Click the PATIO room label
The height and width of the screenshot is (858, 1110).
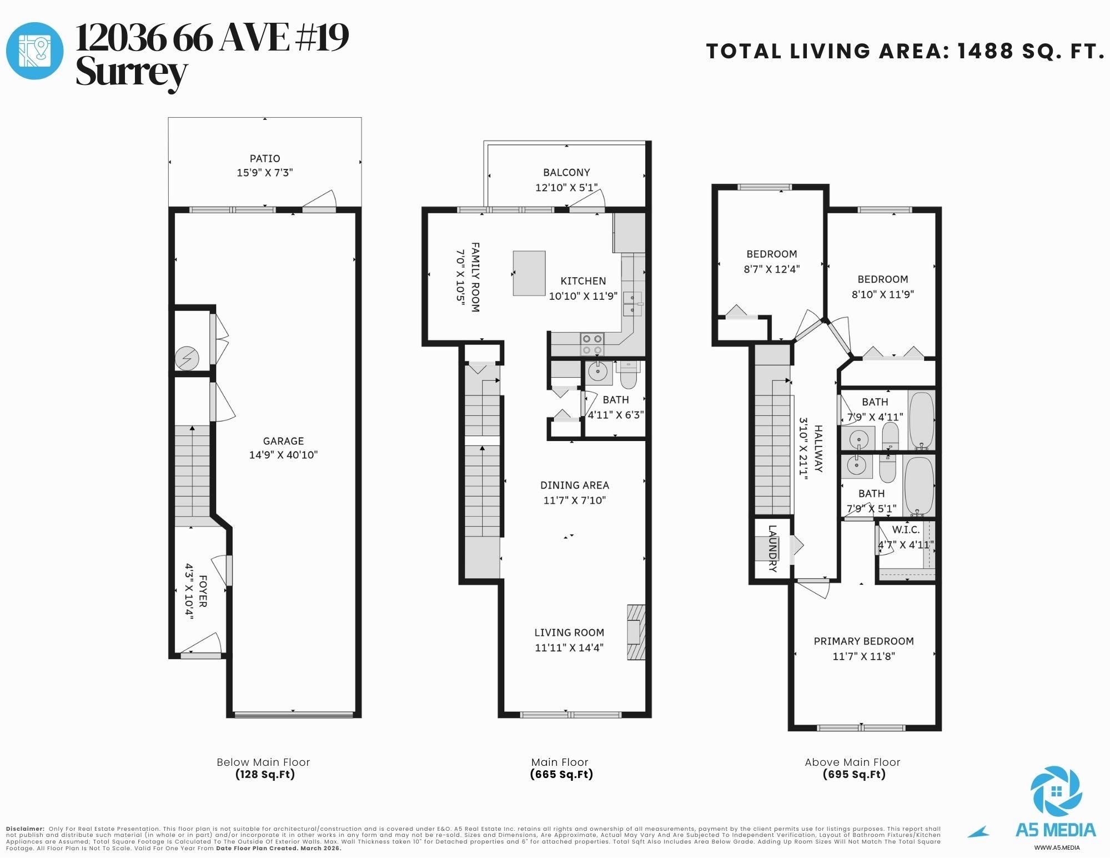tap(264, 158)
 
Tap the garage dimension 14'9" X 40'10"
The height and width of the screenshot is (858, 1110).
tap(283, 455)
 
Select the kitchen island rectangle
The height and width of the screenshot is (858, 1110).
tap(529, 273)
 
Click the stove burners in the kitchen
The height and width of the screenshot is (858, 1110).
tap(592, 344)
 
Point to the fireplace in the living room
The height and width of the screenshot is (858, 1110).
tap(636, 632)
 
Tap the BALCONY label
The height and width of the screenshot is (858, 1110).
tap(566, 172)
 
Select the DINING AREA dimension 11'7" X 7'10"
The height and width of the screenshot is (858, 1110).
tap(574, 500)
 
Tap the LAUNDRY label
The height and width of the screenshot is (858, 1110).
tap(772, 548)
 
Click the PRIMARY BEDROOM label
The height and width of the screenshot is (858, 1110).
tap(863, 641)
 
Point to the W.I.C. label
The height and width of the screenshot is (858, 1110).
tap(906, 530)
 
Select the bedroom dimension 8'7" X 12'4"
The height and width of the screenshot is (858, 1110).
tap(772, 269)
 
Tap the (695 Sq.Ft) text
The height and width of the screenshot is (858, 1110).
tap(853, 774)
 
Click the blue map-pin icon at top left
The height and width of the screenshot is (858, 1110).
tap(34, 51)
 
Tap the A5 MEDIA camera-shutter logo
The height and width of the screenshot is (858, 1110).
tap(1056, 792)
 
